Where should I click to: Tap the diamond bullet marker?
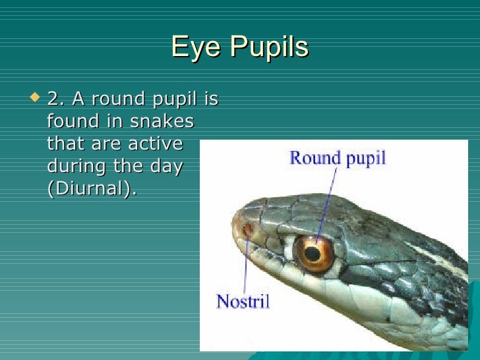pyautogui.click(x=36, y=98)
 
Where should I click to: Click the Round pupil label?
pyautogui.click(x=338, y=158)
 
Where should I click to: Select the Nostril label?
pyautogui.click(x=243, y=302)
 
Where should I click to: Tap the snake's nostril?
pyautogui.click(x=248, y=230)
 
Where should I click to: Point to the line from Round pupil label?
pyautogui.click(x=326, y=204)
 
